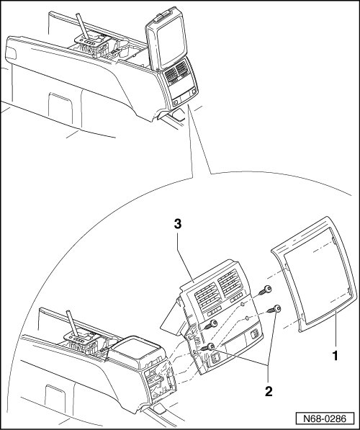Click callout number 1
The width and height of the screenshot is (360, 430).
335,356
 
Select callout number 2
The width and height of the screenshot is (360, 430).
269,391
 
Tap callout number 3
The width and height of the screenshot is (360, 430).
178,224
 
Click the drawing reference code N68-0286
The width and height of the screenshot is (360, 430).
325,418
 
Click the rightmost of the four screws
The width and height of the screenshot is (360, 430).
274,309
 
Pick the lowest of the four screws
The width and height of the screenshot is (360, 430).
207,348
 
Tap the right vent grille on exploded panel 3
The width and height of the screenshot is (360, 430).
230,283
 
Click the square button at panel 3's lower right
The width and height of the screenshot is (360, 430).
255,333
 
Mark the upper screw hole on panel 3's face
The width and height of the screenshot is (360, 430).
243,304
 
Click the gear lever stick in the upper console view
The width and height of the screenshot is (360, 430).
83,25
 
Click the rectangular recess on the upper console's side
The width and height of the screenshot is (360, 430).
60,107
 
